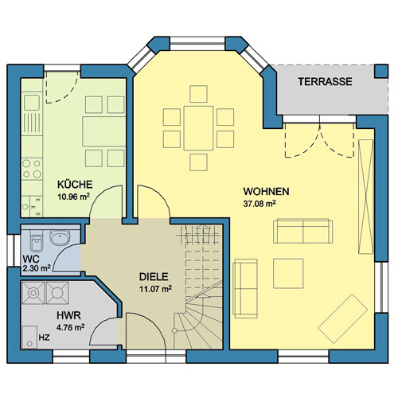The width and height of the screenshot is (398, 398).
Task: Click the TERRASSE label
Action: click(x=325, y=81)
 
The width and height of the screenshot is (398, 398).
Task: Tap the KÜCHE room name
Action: click(x=75, y=185)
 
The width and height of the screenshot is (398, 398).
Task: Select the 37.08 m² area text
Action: click(x=259, y=204)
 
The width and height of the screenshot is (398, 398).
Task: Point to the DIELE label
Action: click(x=154, y=277)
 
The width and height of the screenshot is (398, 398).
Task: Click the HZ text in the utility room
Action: click(x=44, y=338)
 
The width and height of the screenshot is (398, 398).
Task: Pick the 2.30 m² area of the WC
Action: click(x=37, y=268)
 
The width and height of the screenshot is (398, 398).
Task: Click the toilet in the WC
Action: click(x=37, y=241)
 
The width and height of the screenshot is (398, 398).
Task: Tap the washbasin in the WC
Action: click(x=60, y=237)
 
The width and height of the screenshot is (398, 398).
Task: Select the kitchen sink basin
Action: click(x=32, y=103)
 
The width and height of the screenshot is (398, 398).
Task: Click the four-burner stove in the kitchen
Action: click(x=32, y=169)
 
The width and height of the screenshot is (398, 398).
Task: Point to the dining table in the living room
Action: click(x=198, y=128)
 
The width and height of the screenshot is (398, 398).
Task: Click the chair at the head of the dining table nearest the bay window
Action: click(x=198, y=94)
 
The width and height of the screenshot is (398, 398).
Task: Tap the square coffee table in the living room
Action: click(x=288, y=273)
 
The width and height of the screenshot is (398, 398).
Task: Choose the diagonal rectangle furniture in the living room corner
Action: click(x=343, y=318)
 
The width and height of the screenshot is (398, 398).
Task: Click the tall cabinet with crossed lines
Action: click(x=366, y=197)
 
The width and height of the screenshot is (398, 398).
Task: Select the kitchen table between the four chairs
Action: click(x=103, y=131)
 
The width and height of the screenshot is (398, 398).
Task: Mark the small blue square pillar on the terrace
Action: click(x=381, y=71)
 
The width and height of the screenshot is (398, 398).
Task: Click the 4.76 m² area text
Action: click(x=71, y=327)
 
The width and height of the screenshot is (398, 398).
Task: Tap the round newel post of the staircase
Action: click(x=174, y=331)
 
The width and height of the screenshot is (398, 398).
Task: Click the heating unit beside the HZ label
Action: click(x=29, y=337)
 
